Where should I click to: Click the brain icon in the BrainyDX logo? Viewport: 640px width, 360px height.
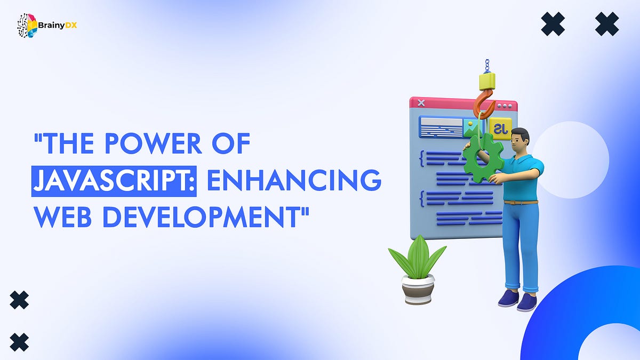(27, 26)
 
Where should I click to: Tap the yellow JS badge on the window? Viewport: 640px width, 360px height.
(501, 129)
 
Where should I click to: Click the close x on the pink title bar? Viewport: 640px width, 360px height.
(421, 103)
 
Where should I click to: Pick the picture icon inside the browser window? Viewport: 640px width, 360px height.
(470, 128)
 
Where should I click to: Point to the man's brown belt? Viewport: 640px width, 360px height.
(520, 202)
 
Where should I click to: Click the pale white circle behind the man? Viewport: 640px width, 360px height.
(571, 160)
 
